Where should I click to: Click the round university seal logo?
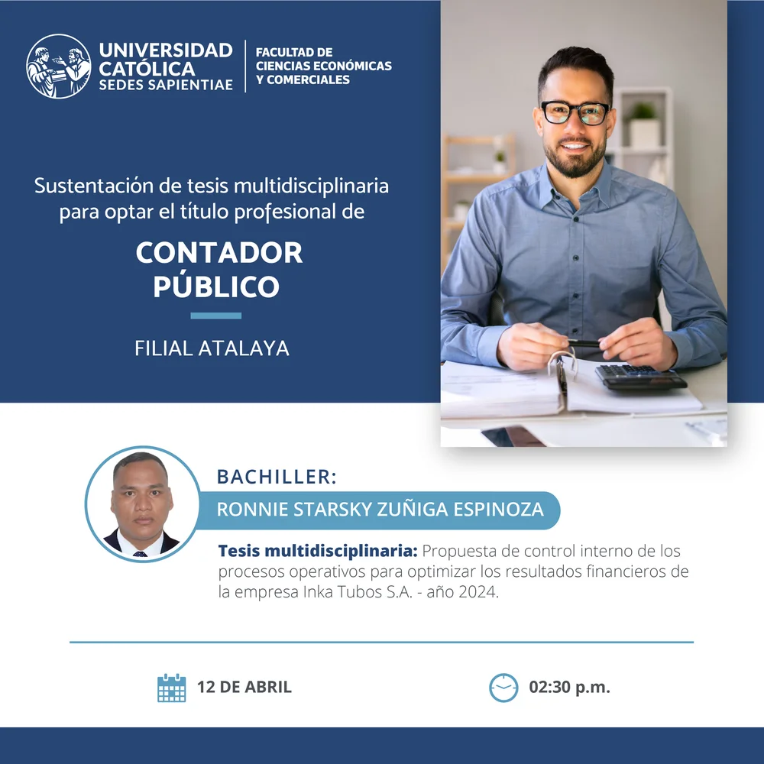coord(59,66)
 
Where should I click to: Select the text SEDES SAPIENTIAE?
coord(166,85)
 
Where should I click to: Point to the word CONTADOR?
coord(219,252)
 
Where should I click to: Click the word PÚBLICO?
coord(216,286)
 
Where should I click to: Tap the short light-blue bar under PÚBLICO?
coord(216,316)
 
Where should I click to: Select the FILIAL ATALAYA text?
coord(212,348)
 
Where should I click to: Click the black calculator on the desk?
coord(640,377)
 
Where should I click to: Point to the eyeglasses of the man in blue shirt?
coord(575,112)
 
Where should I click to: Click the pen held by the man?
coord(584,344)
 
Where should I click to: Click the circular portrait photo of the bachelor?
coord(142,503)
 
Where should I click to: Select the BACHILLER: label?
coord(277,477)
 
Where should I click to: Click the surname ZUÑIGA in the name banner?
coord(413,509)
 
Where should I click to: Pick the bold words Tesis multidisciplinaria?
coord(318,551)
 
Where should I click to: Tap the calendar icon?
coord(171,688)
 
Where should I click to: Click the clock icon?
coord(503,688)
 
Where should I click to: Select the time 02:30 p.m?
coord(570,687)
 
